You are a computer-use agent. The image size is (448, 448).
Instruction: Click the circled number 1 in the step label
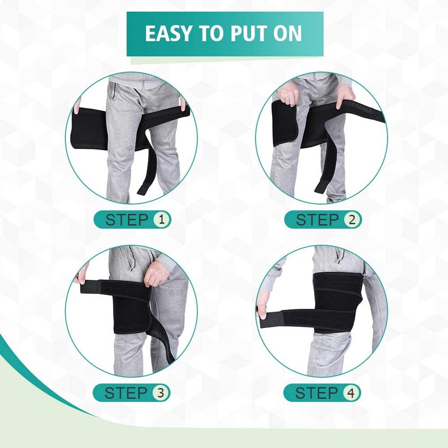pyautogui.click(x=161, y=219)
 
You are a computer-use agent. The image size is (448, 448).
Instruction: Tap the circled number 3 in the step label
pyautogui.click(x=161, y=392)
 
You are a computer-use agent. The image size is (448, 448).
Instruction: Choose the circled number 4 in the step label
pyautogui.click(x=351, y=392)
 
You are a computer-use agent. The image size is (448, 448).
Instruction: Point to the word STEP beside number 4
pyautogui.click(x=316, y=392)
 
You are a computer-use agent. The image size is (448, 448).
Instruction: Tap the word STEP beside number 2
pyautogui.click(x=317, y=219)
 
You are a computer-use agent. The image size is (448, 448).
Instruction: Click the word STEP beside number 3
pyautogui.click(x=126, y=392)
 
